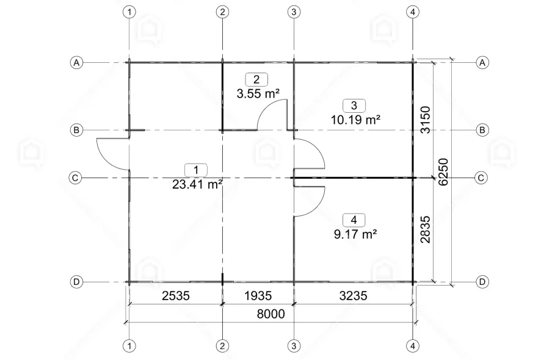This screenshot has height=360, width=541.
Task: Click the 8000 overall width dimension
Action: click(x=271, y=314)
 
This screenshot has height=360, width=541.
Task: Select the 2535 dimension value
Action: click(x=176, y=295)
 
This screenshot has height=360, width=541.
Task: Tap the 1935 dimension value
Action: click(x=258, y=295)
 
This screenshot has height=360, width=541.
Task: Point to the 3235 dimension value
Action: click(x=353, y=295)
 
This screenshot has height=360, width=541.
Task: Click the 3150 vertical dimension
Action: click(x=426, y=120)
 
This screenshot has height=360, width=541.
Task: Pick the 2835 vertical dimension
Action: click(x=426, y=229)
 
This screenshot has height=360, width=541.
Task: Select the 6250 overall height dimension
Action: click(x=443, y=171)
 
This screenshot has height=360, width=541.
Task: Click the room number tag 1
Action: click(x=196, y=170)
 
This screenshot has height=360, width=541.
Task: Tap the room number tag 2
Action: click(x=256, y=80)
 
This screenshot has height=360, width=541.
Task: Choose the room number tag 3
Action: click(x=354, y=106)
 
